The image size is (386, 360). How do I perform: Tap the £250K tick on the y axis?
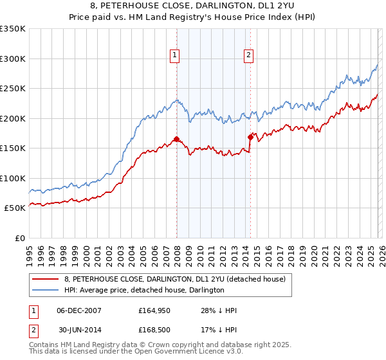pos(13,89)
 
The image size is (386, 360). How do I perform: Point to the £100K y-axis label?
pos(13,178)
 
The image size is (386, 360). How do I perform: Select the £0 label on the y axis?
pos(19,238)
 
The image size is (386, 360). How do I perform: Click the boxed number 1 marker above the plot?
pos(174,55)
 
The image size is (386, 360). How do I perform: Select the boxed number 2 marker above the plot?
pos(248,55)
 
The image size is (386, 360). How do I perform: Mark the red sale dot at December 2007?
pos(176,139)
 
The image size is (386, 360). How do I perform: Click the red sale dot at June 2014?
pos(251,137)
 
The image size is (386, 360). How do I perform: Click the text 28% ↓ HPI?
pos(219,310)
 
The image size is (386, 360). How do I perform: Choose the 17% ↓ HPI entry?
pos(219,330)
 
